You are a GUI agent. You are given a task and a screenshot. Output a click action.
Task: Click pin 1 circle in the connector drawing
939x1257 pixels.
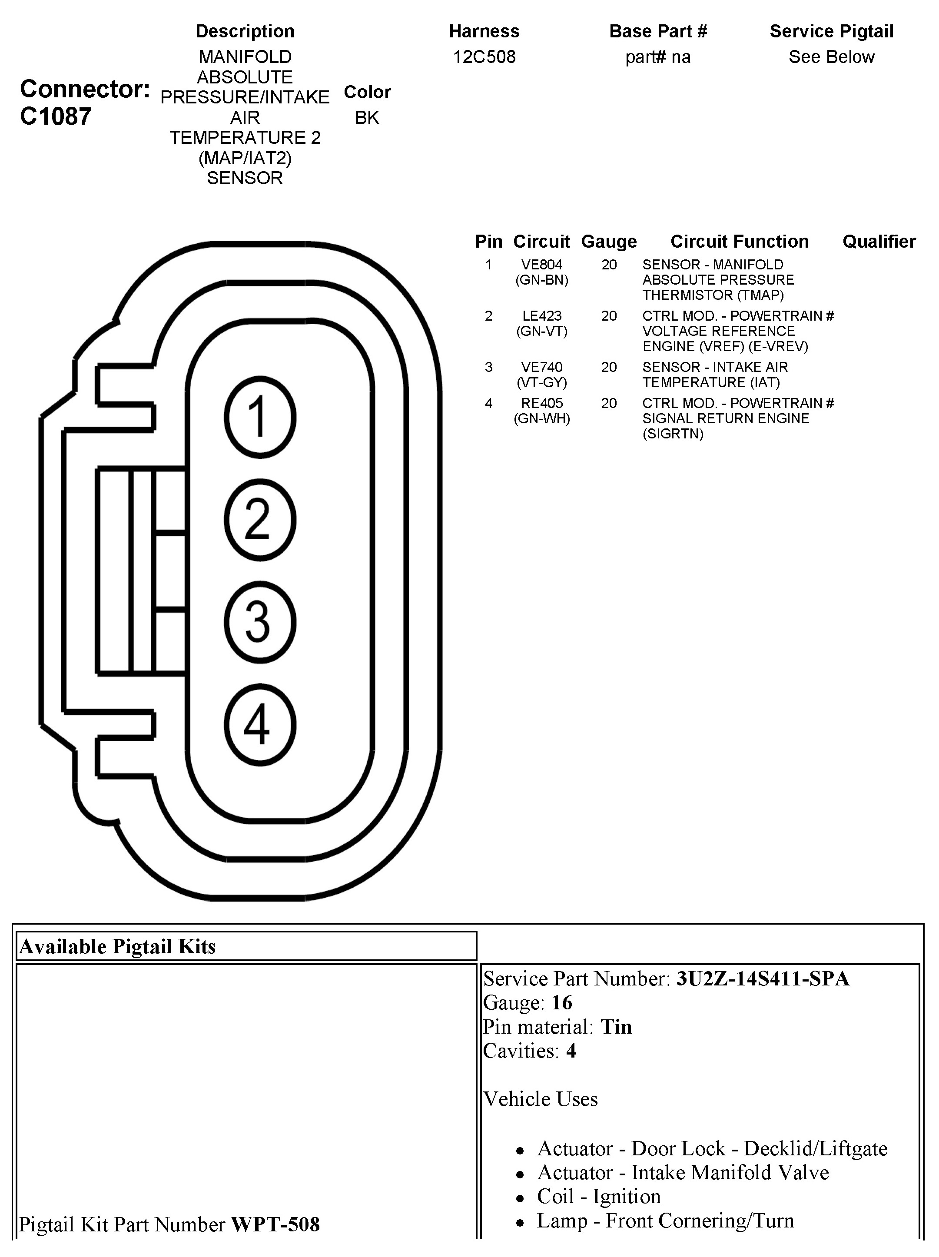click(260, 417)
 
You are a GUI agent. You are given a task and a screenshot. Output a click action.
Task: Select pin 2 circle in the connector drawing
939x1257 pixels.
click(260, 519)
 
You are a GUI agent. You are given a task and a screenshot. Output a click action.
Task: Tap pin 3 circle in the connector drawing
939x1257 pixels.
click(260, 622)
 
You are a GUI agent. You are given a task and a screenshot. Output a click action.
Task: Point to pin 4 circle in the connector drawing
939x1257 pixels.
click(260, 725)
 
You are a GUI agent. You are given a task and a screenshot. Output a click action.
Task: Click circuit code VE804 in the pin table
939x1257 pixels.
click(542, 265)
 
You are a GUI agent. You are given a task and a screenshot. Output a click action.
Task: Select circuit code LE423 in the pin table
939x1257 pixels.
click(542, 316)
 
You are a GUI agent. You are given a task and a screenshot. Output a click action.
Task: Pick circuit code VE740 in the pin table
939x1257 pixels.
click(542, 367)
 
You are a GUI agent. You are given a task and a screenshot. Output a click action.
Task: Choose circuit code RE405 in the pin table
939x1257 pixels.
click(542, 404)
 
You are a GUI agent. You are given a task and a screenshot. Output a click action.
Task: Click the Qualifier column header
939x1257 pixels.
click(879, 242)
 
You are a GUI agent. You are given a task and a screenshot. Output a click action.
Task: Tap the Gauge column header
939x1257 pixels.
click(609, 242)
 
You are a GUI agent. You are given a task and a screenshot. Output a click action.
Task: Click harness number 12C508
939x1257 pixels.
click(484, 57)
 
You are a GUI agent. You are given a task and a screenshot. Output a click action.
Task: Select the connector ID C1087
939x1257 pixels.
click(56, 116)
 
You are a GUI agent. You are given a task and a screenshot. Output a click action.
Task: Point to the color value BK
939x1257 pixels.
click(367, 118)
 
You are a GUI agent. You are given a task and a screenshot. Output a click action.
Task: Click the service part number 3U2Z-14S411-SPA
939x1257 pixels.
click(762, 978)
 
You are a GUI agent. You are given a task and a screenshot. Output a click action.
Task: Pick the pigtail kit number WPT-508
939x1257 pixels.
click(275, 1224)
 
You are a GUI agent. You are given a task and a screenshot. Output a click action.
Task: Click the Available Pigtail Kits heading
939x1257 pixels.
click(118, 947)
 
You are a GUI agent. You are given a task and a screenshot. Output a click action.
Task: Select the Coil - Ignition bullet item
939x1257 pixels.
click(598, 1196)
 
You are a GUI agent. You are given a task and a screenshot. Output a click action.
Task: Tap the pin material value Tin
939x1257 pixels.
click(616, 1027)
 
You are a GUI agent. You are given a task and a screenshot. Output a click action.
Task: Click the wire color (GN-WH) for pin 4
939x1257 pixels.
click(542, 419)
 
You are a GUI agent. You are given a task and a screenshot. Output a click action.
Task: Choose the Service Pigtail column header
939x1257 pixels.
click(831, 31)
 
